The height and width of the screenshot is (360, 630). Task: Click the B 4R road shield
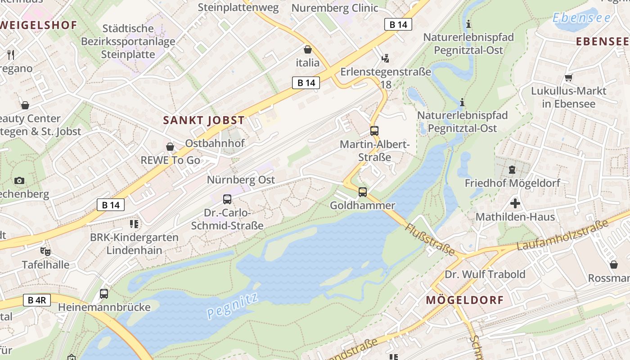click(36, 300)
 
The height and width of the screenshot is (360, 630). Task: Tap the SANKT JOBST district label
click(204, 120)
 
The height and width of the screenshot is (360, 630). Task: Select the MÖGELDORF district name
click(465, 300)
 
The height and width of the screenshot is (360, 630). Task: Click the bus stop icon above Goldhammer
click(363, 192)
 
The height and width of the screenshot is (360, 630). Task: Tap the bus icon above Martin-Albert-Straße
click(374, 131)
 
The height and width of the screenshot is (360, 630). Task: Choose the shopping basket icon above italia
click(308, 49)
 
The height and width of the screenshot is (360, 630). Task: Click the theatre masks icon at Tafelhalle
click(45, 251)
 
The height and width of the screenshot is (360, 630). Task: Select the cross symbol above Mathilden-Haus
click(515, 203)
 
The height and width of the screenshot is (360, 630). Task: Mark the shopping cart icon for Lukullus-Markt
click(568, 77)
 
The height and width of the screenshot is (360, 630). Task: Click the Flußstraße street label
click(431, 239)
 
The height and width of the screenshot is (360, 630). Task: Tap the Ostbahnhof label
click(215, 143)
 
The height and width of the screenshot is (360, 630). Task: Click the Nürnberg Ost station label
click(241, 180)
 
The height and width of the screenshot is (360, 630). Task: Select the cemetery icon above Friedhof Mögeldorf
click(512, 170)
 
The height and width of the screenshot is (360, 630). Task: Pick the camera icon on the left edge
click(19, 180)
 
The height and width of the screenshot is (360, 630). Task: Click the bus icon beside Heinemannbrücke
click(104, 294)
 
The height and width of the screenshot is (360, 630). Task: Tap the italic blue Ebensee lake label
click(581, 18)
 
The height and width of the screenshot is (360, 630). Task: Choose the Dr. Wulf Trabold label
click(485, 274)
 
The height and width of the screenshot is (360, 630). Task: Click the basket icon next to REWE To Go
click(170, 147)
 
